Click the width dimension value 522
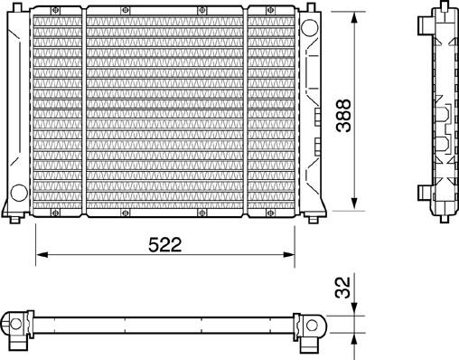point(165,244)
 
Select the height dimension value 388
point(343,116)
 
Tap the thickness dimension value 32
point(343,288)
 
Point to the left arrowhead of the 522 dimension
point(42,255)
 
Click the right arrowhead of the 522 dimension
point(289,255)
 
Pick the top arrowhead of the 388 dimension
point(354,17)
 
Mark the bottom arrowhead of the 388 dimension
point(354,204)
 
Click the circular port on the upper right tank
point(309,28)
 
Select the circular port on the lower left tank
point(19,193)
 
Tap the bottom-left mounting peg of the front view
point(14,219)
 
